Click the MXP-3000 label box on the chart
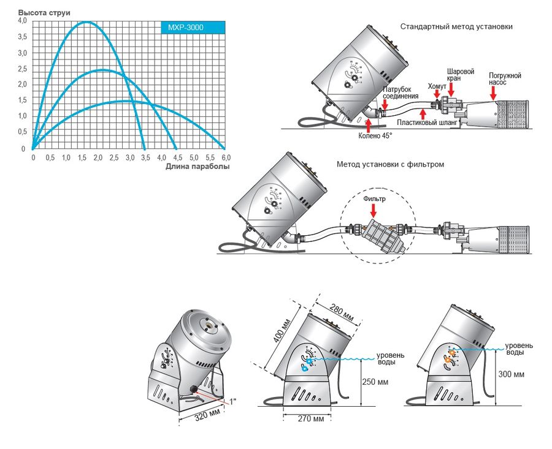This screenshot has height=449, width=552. click(x=186, y=28)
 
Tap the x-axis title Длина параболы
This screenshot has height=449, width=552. click(x=197, y=167)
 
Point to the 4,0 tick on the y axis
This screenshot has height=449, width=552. click(x=22, y=21)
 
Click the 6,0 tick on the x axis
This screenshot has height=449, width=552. click(x=225, y=157)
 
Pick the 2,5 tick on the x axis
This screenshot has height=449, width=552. click(x=113, y=157)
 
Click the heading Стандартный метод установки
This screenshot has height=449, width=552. click(x=456, y=27)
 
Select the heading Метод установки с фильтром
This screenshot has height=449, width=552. click(x=390, y=164)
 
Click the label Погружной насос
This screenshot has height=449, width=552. click(x=505, y=79)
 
